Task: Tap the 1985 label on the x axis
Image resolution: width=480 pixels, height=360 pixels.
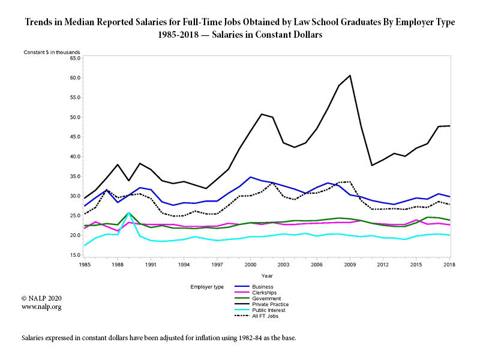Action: click(84, 265)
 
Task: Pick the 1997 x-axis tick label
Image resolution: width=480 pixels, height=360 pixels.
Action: click(217, 265)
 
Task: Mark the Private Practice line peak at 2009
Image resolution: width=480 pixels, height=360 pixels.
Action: click(350, 76)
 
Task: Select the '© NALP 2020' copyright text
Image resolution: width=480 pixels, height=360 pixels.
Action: click(41, 298)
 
